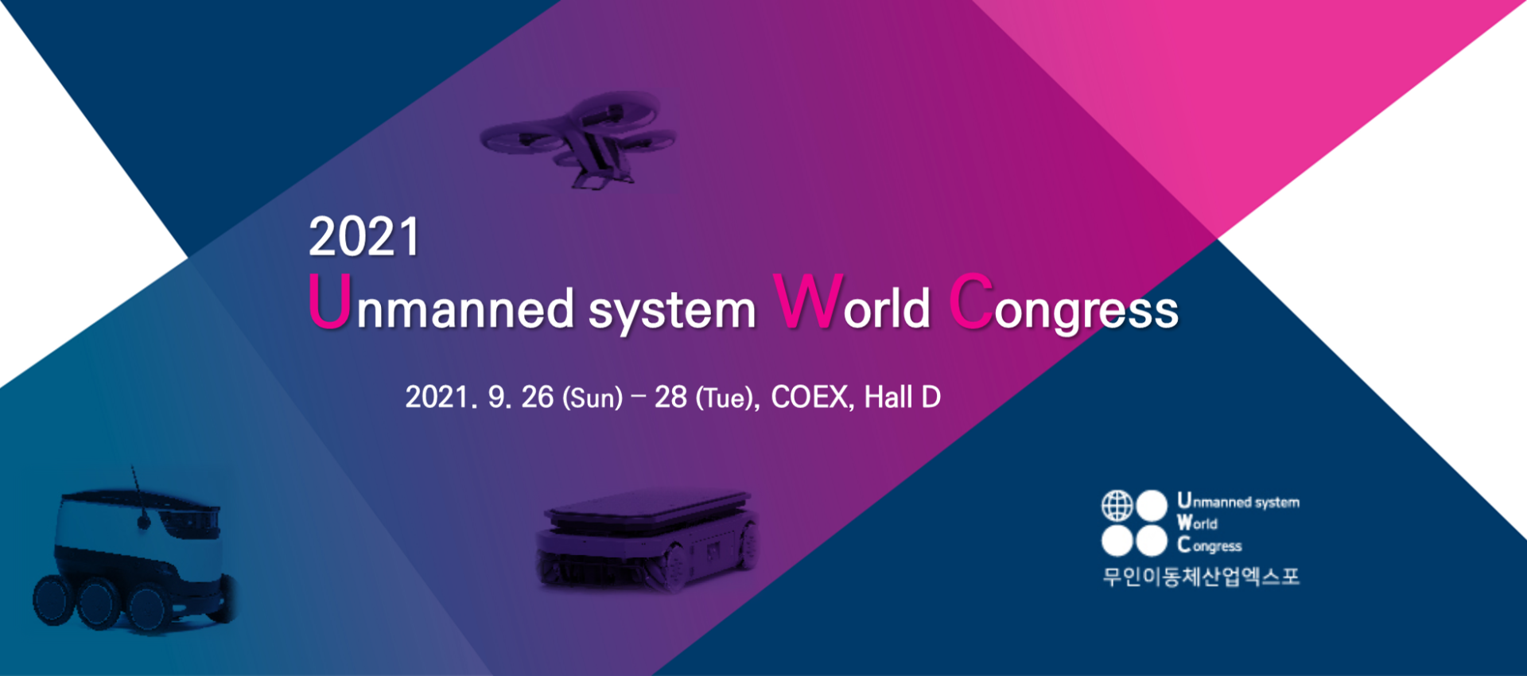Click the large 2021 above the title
364,237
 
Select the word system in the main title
672,311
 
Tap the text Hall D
903,397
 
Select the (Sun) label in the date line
593,398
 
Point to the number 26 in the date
537,397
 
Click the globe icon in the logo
1117,505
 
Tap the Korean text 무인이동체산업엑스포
1201,576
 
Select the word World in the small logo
1198,523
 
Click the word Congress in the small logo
1210,545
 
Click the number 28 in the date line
670,397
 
